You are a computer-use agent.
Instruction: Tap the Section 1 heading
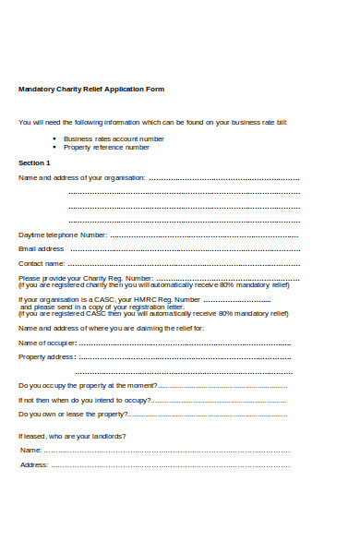tap(36, 162)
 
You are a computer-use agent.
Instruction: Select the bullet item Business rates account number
tap(114, 138)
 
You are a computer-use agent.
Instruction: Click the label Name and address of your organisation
tap(81, 177)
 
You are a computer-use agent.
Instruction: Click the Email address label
tap(42, 249)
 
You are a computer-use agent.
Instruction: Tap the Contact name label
tap(42, 264)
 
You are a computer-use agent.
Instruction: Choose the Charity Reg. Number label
tap(86, 279)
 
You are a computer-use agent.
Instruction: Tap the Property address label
tap(46, 357)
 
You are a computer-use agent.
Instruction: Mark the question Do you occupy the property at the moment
tap(88, 386)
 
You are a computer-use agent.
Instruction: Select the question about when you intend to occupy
tap(84, 401)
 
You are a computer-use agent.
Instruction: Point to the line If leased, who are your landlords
tap(73, 436)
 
